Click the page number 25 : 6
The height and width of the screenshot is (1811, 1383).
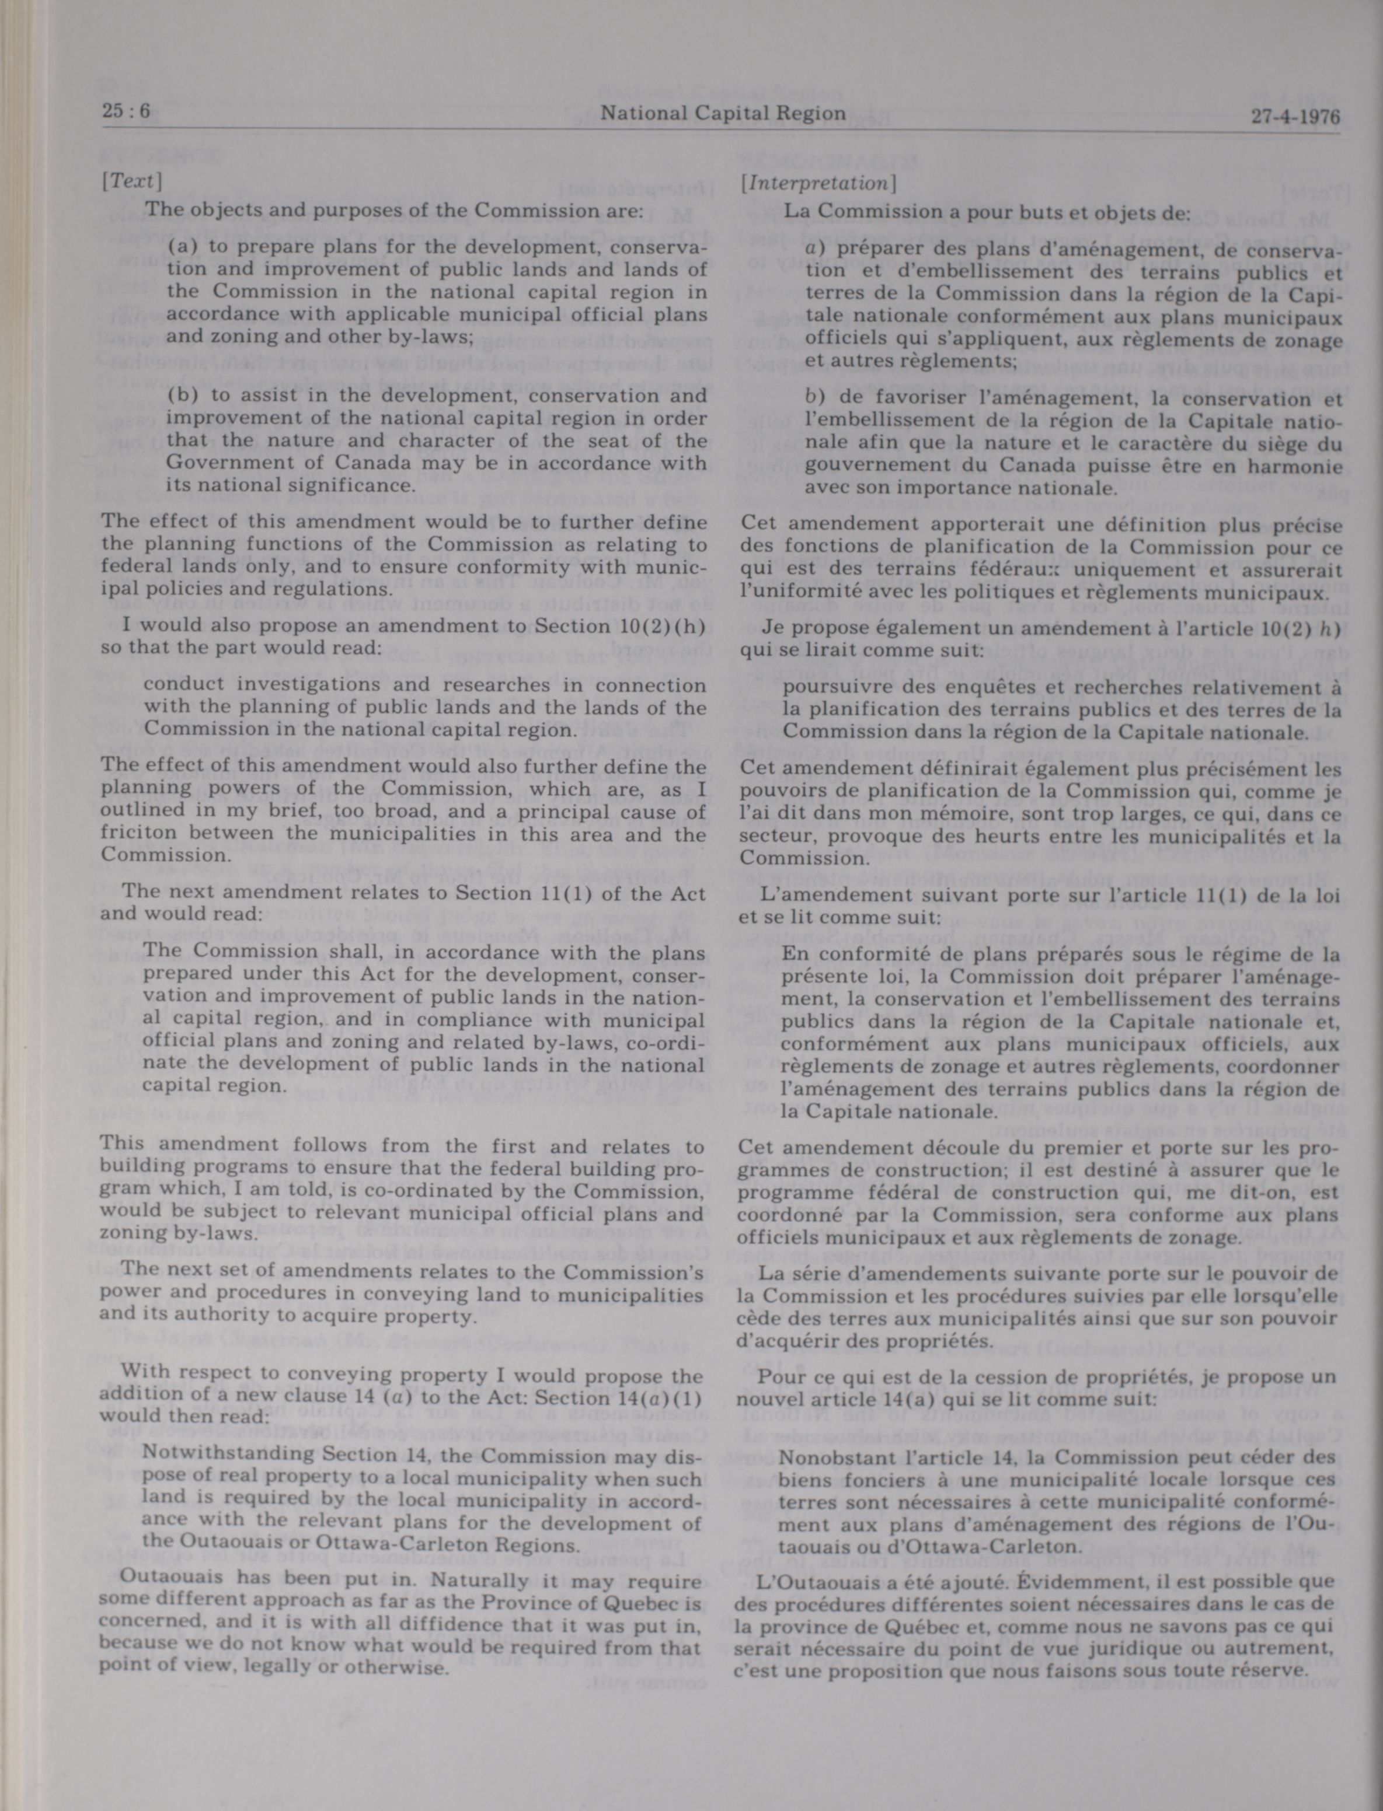(x=126, y=111)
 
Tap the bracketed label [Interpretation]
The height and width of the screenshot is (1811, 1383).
(x=818, y=183)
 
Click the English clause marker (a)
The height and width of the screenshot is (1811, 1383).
(x=183, y=247)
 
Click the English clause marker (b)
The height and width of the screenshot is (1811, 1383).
(x=183, y=395)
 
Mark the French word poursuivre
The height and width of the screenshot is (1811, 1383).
(x=827, y=687)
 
